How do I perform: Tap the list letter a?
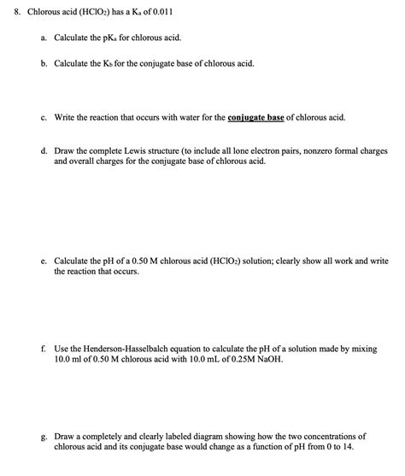pyautogui.click(x=43, y=39)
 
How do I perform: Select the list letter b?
pyautogui.click(x=43, y=64)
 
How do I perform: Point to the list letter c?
pyautogui.click(x=43, y=116)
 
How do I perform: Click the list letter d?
pyautogui.click(x=43, y=150)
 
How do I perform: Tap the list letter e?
pyautogui.click(x=43, y=261)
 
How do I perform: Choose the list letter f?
pyautogui.click(x=43, y=350)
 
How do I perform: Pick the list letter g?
pyautogui.click(x=43, y=436)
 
